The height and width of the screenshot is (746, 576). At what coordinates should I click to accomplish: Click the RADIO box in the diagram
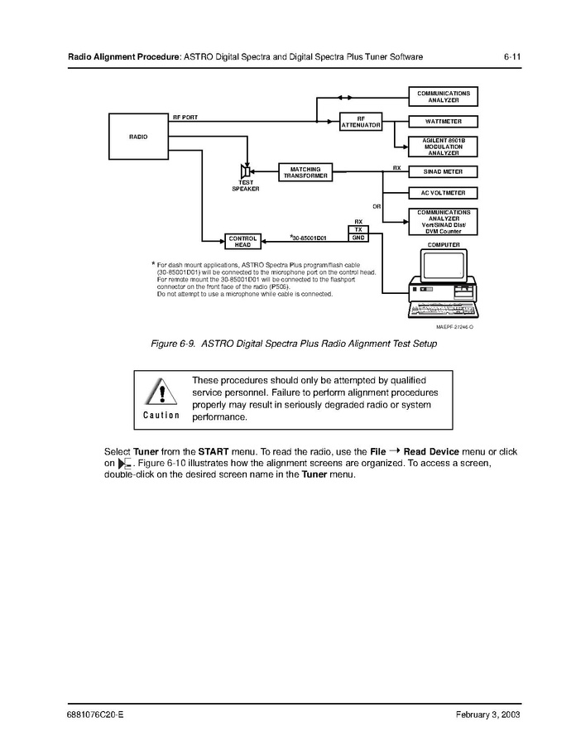[x=138, y=137]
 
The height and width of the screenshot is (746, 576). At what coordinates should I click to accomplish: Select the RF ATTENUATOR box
[x=360, y=122]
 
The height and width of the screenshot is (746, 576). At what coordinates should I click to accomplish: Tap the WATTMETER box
[x=443, y=121]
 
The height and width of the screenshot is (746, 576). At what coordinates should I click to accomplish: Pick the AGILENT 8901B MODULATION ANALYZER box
[x=443, y=147]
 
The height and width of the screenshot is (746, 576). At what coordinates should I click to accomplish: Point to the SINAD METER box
[x=443, y=172]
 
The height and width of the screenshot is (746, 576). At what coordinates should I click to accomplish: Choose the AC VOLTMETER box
[x=443, y=193]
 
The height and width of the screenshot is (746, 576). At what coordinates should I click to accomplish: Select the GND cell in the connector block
[x=358, y=238]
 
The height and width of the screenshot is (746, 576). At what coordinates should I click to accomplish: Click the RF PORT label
[x=185, y=118]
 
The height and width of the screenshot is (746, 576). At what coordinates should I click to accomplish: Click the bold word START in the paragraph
[x=214, y=451]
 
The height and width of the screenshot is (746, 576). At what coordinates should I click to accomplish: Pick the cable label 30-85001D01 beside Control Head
[x=309, y=238]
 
